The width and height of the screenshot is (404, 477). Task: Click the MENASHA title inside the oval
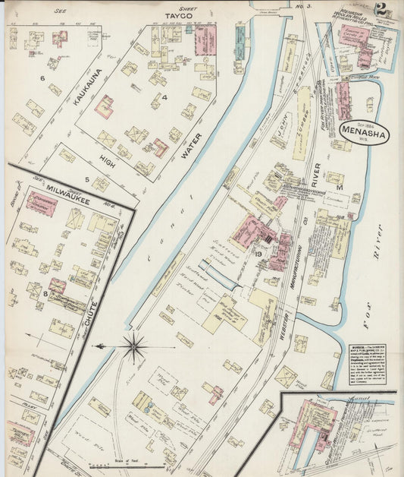(x=364, y=134)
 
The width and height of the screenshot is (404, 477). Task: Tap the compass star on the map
(x=134, y=347)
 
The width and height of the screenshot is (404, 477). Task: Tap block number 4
(x=163, y=97)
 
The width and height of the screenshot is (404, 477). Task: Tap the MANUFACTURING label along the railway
(x=298, y=258)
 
